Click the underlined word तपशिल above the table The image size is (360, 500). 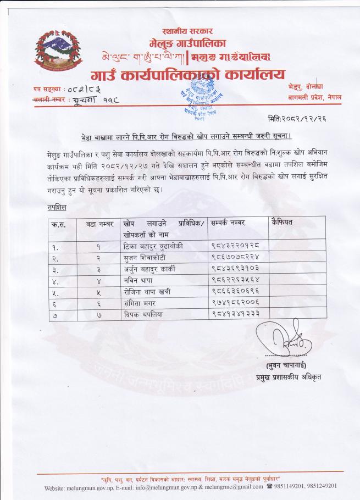tap(57, 208)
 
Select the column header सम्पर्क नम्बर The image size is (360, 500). tap(228, 223)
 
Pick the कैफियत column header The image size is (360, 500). tap(282, 222)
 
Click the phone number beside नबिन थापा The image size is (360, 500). tap(235, 280)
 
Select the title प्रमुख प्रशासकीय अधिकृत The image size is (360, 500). tap(289, 377)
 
